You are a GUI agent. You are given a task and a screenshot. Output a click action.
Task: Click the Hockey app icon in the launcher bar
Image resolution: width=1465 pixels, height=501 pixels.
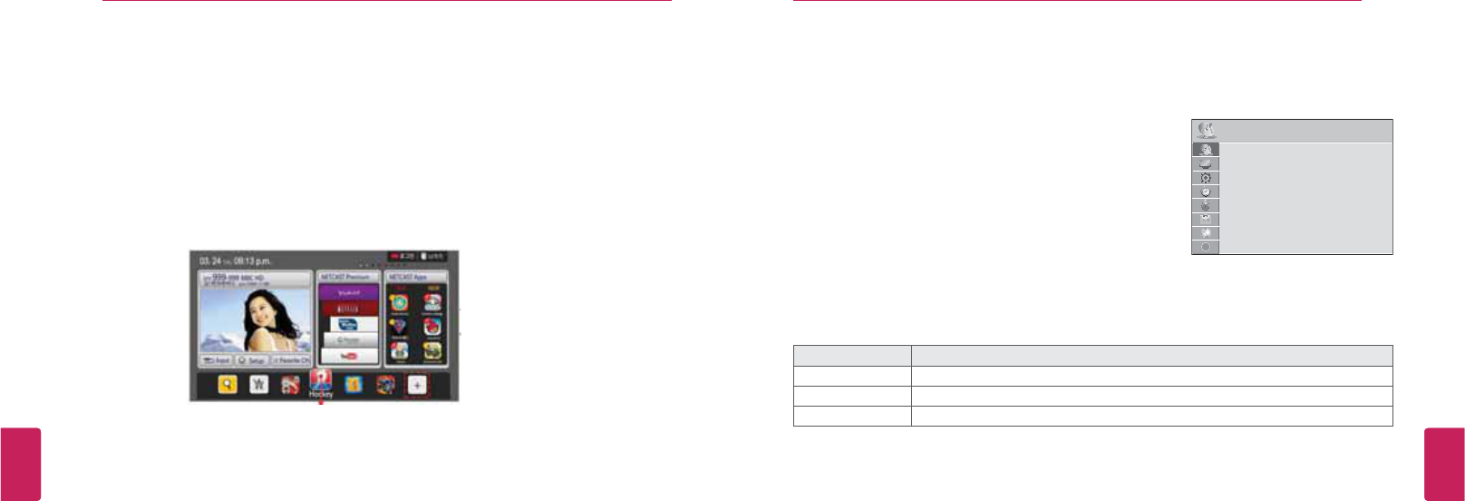point(321,381)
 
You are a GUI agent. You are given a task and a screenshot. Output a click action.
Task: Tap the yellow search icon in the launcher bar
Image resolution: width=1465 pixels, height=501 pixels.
point(228,385)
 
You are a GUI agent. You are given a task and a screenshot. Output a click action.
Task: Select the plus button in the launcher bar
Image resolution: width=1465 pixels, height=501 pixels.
point(417,385)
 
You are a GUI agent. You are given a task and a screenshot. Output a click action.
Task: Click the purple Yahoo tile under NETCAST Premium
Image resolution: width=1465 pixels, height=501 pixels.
point(348,293)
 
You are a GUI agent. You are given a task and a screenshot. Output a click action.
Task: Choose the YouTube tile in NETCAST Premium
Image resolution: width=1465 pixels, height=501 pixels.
point(348,355)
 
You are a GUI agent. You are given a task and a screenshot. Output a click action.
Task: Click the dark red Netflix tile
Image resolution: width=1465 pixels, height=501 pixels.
point(348,309)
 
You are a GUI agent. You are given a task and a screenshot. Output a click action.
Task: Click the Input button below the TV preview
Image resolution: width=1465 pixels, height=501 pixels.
point(216,360)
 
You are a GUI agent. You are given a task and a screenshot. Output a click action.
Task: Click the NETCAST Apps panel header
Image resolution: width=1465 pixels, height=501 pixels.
point(416,276)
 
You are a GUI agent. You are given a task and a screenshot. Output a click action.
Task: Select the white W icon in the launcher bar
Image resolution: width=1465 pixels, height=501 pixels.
point(259,385)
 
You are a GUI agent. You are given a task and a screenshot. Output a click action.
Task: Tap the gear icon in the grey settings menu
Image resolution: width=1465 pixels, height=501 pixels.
point(1206,178)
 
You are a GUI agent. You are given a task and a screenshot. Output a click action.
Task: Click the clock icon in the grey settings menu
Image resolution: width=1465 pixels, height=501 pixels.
point(1206,192)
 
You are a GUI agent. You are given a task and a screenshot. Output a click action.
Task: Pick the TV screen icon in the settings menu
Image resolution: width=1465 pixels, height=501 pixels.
point(1206,164)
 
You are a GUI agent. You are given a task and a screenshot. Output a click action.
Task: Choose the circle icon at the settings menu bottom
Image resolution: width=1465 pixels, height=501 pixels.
point(1206,247)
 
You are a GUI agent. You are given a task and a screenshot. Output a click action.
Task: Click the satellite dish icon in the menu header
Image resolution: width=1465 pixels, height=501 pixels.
point(1206,131)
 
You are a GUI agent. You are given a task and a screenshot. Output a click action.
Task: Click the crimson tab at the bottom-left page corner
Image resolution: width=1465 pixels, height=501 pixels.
point(20,464)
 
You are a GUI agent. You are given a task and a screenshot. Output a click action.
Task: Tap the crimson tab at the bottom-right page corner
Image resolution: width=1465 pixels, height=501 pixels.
point(1444,464)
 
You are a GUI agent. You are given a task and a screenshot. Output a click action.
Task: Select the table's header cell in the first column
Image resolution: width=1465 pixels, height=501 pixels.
point(852,356)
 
